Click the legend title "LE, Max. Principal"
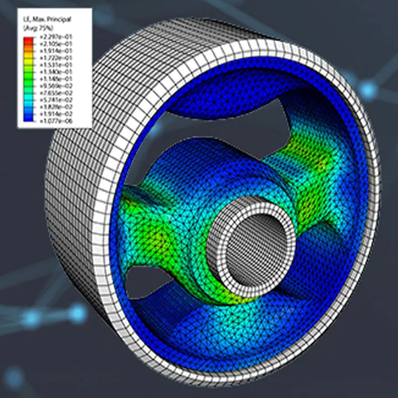click(47, 19)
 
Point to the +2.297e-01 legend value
click(56, 37)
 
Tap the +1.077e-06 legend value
click(56, 121)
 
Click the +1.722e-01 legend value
click(56, 58)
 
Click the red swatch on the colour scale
click(28, 40)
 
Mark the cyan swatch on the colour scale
click(28, 97)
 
